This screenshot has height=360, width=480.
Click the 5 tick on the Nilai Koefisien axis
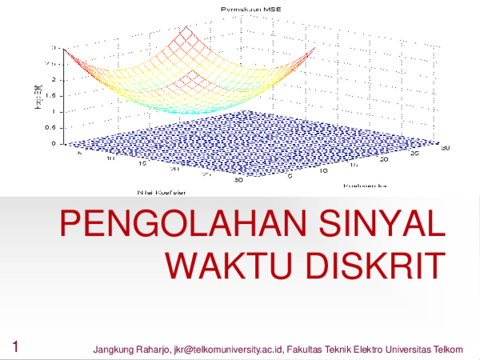[79, 154]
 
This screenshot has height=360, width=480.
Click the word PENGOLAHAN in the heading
[173, 225]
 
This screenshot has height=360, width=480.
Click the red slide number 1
[16, 346]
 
